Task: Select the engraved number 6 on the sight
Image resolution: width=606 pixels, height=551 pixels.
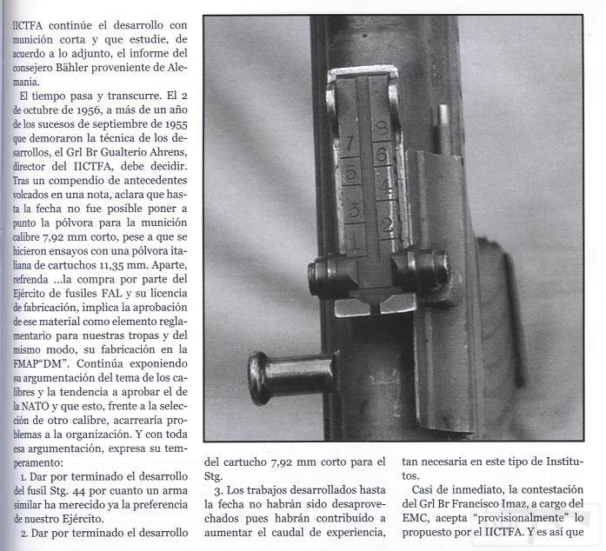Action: pos(381,156)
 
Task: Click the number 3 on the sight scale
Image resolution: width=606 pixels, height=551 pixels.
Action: pos(354,209)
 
